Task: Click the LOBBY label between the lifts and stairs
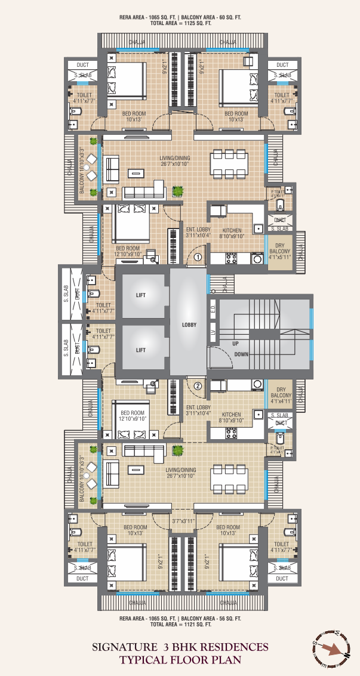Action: (189, 325)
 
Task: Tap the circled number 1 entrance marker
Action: (198, 258)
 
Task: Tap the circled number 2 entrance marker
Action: (198, 385)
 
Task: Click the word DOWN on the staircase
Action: (242, 354)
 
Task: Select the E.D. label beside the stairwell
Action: (213, 310)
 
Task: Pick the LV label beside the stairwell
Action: (213, 332)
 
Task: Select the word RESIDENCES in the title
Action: (235, 647)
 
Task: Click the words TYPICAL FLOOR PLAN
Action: (180, 660)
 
